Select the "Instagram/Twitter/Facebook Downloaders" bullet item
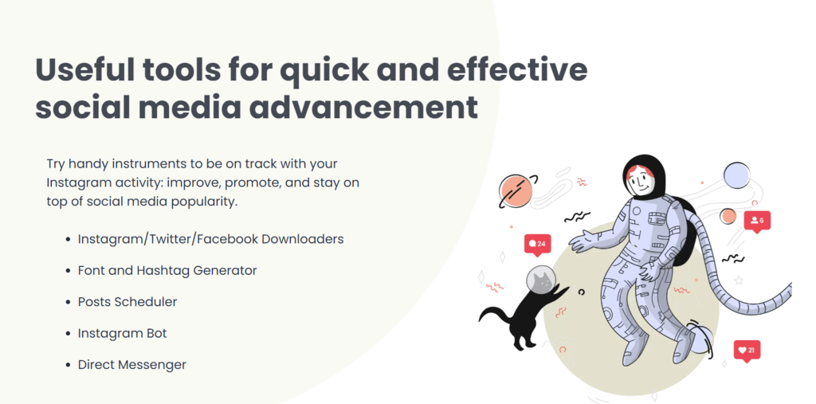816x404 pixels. click(x=210, y=239)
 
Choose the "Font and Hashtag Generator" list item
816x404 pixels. click(x=167, y=271)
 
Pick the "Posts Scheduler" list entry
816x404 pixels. click(x=127, y=302)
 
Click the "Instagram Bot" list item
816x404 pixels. click(x=122, y=333)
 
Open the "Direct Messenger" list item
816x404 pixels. click(x=131, y=364)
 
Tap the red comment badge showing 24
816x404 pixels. click(x=537, y=244)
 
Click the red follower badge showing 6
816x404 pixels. click(x=757, y=222)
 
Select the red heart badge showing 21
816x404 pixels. click(x=747, y=351)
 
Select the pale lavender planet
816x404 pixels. click(x=736, y=175)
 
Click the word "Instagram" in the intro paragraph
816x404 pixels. click(x=73, y=183)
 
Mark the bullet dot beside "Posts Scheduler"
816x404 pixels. click(x=69, y=303)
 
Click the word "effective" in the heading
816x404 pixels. click(x=516, y=70)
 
